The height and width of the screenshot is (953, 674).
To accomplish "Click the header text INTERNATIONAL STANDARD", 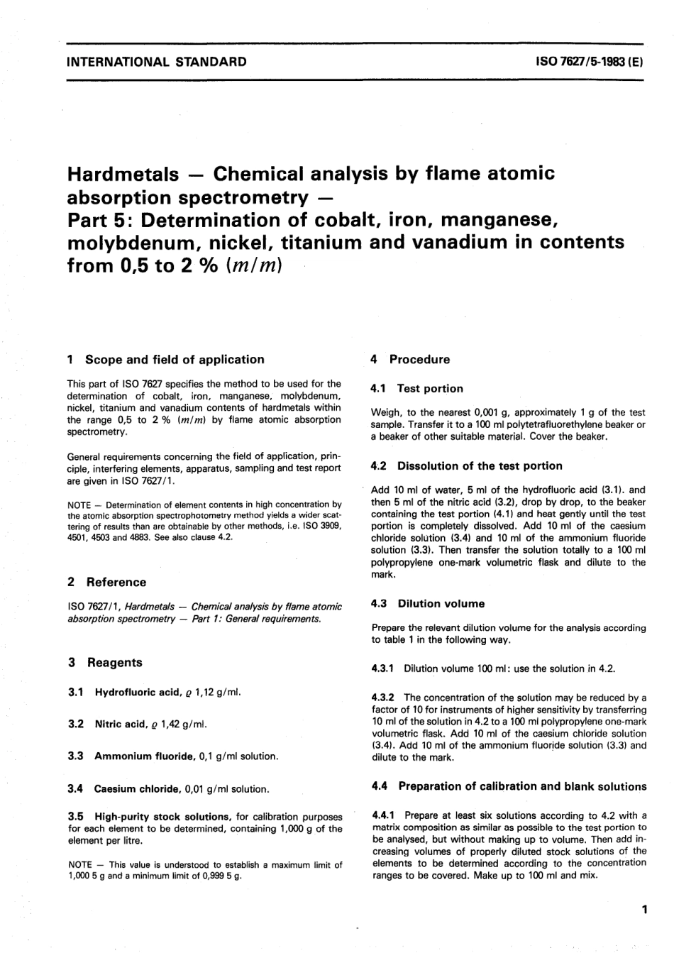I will (156, 62).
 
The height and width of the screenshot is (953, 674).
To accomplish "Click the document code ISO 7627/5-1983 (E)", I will (589, 62).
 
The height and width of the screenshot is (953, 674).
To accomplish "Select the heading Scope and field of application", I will (174, 360).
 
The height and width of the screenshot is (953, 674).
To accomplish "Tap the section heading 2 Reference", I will (106, 582).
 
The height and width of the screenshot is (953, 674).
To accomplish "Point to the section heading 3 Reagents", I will (105, 662).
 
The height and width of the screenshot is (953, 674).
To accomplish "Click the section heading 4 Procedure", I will (410, 360).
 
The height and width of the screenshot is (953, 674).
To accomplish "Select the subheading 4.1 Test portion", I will (417, 389).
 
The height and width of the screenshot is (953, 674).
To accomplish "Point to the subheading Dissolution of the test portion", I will (480, 466).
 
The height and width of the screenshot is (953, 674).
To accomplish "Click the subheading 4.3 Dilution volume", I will (428, 604).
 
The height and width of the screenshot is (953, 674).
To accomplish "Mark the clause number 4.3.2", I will (384, 698).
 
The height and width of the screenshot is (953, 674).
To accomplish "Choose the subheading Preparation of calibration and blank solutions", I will (522, 786).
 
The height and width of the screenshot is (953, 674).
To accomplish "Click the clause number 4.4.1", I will (384, 815).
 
